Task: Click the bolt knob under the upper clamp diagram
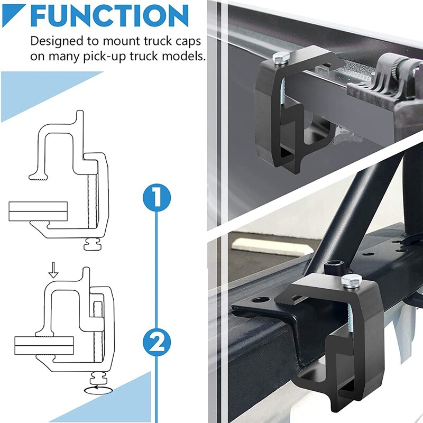click(95, 245)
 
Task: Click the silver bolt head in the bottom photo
click(350, 281)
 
